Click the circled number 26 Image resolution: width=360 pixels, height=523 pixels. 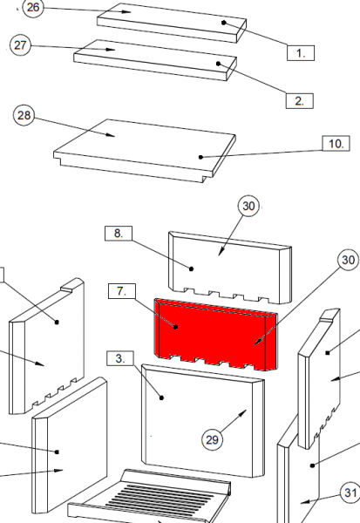[x=33, y=7]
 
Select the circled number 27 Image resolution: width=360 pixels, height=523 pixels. [x=20, y=44]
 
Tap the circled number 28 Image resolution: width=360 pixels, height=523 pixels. [x=24, y=115]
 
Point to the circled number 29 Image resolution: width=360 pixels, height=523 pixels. [x=212, y=440]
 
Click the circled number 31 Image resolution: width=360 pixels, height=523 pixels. [x=350, y=492]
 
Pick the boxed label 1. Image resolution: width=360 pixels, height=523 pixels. [x=301, y=52]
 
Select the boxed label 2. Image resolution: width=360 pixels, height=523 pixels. [x=300, y=101]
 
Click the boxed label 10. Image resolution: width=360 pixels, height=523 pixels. [x=336, y=144]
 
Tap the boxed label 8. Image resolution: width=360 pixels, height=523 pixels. [x=119, y=233]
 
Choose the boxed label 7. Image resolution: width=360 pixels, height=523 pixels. [x=122, y=291]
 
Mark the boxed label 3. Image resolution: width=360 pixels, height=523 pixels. [x=120, y=358]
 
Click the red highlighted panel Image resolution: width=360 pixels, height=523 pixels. [x=216, y=335]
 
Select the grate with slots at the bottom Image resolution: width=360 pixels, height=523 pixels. [x=149, y=496]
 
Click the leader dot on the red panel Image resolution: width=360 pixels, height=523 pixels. [x=176, y=327]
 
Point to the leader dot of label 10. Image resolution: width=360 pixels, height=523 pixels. [x=200, y=157]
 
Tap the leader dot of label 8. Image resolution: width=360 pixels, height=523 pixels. [x=191, y=268]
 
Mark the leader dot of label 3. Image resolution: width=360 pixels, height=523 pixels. [x=162, y=397]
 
